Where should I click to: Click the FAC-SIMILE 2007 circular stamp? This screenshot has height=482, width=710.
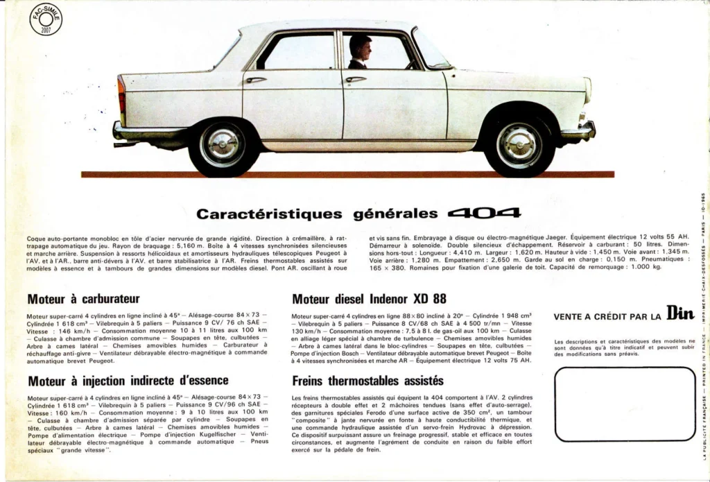click(x=46, y=20)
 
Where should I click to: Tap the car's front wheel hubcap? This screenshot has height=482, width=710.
click(x=519, y=145)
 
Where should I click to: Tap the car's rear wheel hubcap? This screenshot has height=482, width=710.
click(x=222, y=145)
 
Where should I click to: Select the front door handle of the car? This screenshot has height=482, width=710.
click(x=356, y=79)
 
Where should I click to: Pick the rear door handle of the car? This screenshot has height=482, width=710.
click(x=256, y=80)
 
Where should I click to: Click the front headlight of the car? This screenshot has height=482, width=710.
click(x=587, y=90)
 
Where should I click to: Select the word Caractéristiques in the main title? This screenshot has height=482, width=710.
click(x=269, y=214)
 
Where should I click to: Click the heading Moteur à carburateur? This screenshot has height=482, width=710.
click(x=83, y=299)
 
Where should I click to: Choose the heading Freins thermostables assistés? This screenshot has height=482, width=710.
click(x=367, y=381)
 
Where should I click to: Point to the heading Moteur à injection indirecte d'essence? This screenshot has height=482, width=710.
click(x=128, y=380)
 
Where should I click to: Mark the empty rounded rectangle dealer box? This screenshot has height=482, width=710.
click(x=625, y=404)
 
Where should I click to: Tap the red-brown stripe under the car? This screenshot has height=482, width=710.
click(x=347, y=174)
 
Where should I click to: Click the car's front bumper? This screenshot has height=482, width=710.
click(x=580, y=130)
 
